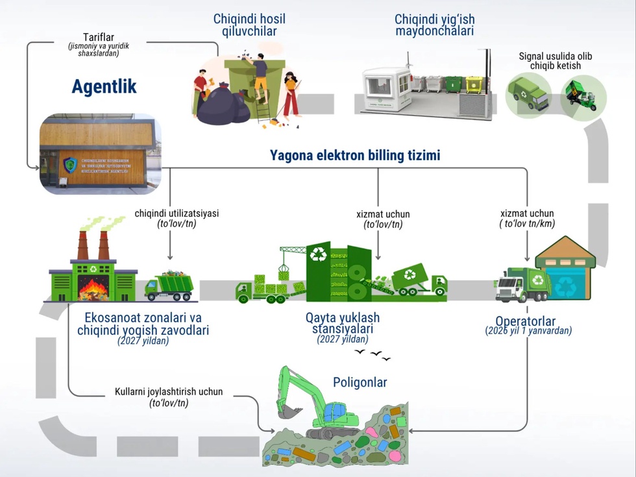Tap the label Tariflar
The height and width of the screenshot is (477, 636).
click(99, 37)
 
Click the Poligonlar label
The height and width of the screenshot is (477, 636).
click(360, 382)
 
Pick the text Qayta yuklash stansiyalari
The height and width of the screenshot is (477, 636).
click(343, 323)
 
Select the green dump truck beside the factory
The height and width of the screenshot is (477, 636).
click(169, 286)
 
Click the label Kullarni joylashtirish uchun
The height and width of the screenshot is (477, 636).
click(169, 392)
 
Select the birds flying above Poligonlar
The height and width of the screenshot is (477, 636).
click(372, 355)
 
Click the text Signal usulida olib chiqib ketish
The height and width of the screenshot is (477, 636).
click(555, 61)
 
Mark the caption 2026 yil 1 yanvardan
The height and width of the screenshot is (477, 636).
click(528, 331)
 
